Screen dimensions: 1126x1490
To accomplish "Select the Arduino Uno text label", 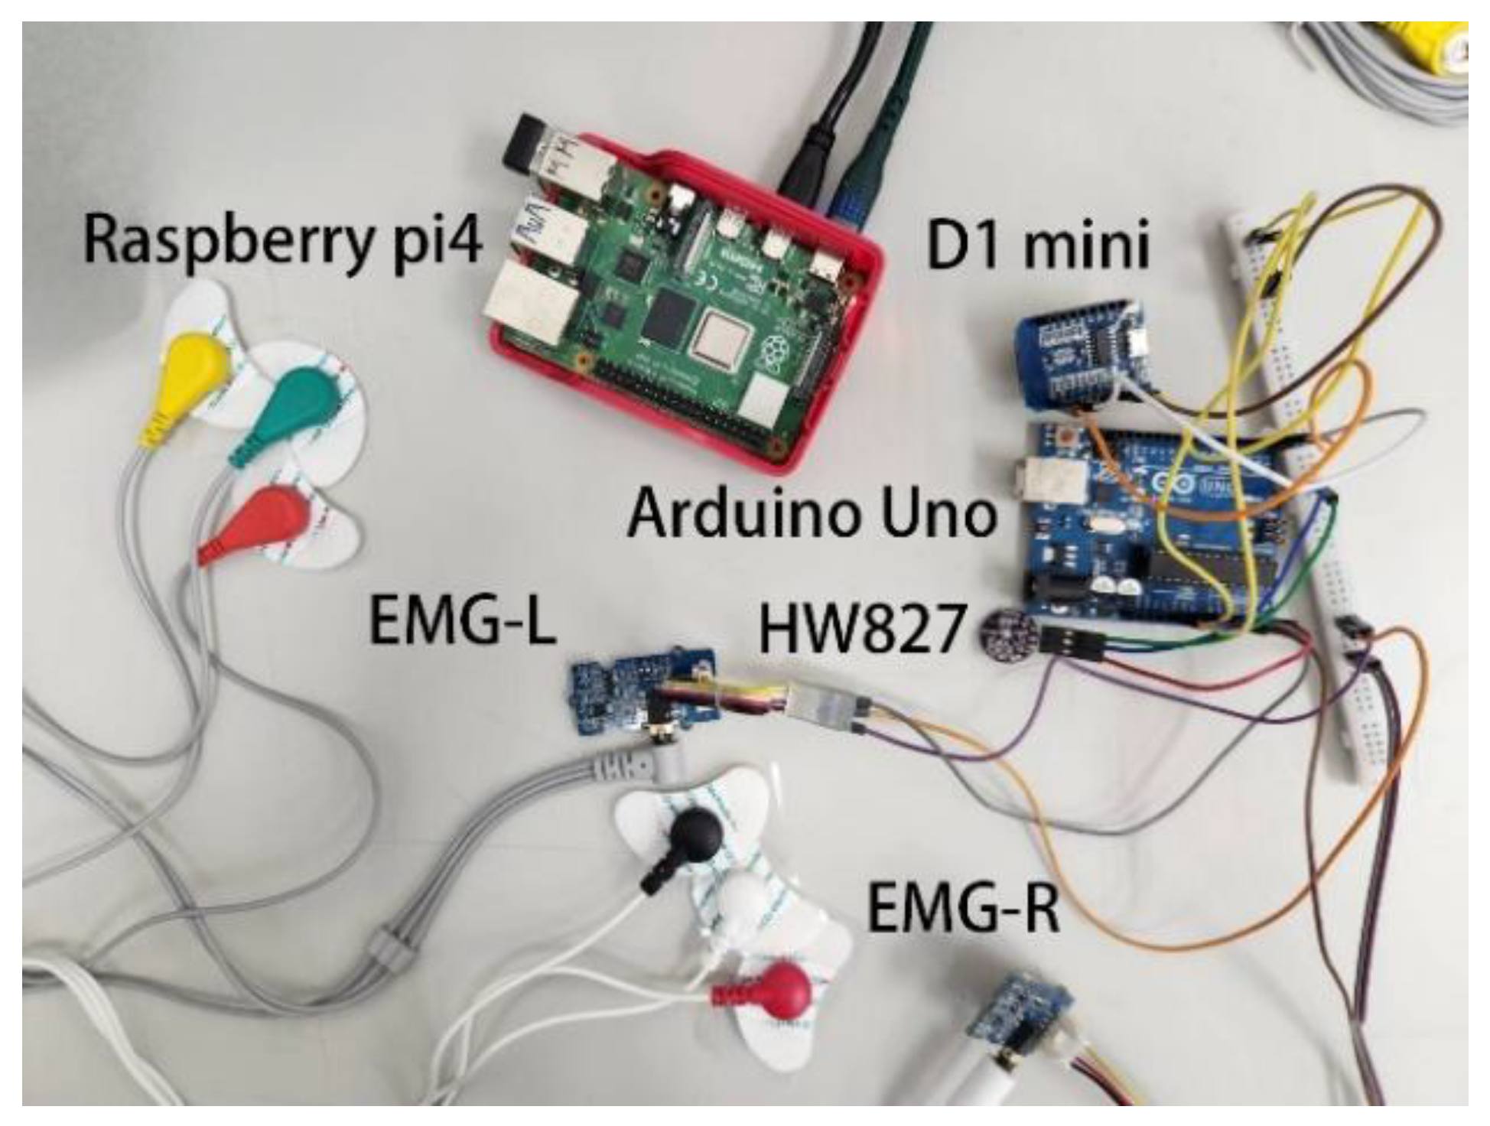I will (812, 514).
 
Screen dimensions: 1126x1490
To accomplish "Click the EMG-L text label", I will (462, 622).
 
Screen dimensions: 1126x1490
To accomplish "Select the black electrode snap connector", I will (692, 834).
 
